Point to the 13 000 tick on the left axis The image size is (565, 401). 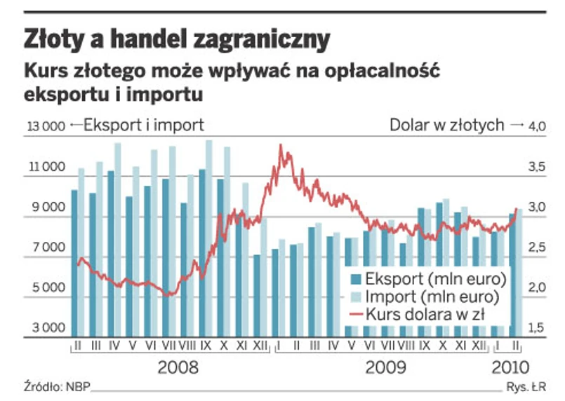(x=46, y=126)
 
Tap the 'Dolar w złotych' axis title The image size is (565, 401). (x=447, y=125)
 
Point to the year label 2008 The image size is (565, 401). (x=178, y=367)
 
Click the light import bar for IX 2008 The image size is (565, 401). (x=209, y=238)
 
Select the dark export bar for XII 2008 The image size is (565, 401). (x=257, y=295)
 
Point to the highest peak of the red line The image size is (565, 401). (x=281, y=145)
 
